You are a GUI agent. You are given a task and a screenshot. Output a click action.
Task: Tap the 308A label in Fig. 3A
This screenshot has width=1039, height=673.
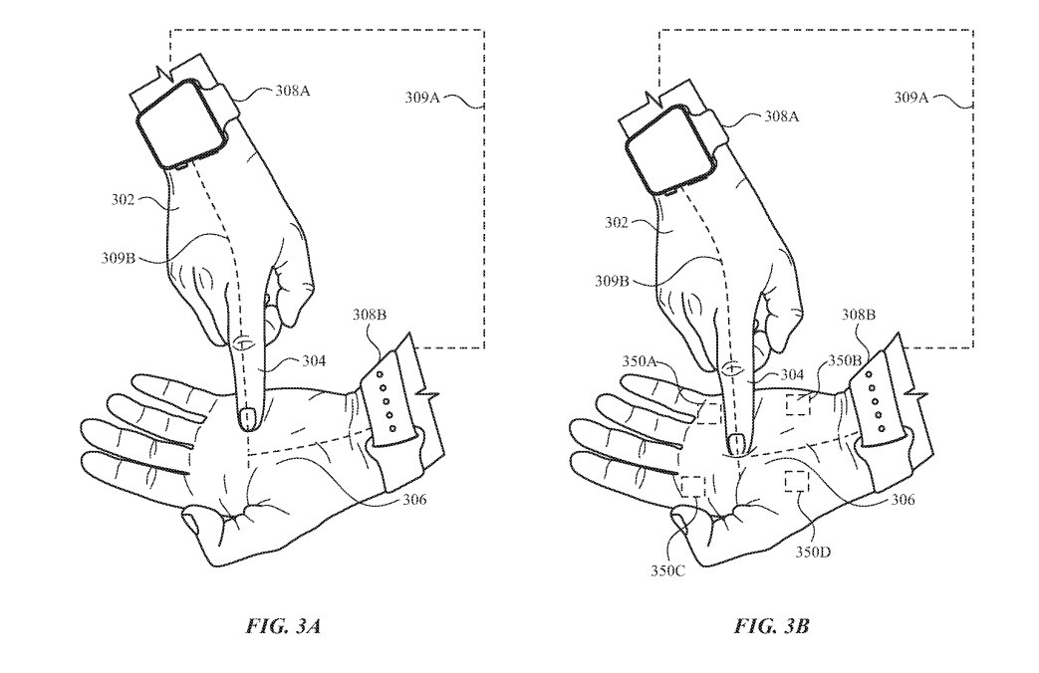tap(293, 92)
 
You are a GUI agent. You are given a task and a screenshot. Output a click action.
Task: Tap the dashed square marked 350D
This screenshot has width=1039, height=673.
tap(797, 481)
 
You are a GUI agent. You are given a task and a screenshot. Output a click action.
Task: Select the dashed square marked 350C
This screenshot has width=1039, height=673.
tap(692, 487)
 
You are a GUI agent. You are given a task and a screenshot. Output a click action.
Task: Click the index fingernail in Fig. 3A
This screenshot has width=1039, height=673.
tap(246, 416)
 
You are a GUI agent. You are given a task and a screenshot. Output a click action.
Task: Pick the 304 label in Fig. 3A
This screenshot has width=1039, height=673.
tap(317, 362)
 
